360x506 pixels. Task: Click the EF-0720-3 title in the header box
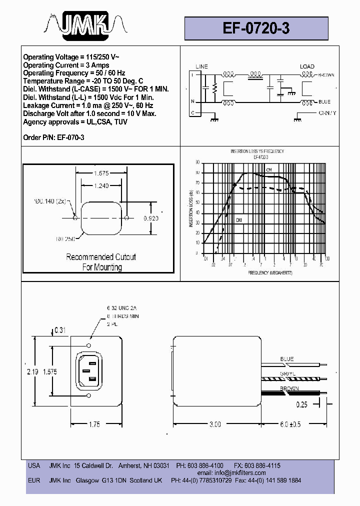(x=256, y=28)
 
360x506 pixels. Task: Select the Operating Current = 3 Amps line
(x=66, y=65)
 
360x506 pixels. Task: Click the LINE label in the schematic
(x=201, y=66)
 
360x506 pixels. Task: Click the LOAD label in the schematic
(x=307, y=66)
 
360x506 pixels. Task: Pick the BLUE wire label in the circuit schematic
(x=324, y=102)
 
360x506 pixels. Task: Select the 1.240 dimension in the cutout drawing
(x=101, y=186)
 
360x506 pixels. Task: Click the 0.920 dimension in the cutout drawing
(x=151, y=218)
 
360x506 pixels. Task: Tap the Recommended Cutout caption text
(x=101, y=257)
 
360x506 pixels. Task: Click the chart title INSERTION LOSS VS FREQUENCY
(x=257, y=151)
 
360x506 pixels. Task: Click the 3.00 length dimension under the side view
(x=214, y=424)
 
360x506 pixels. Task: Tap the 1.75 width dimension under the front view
(x=94, y=424)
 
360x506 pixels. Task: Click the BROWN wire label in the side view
(x=289, y=388)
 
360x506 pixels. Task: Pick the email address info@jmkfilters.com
(x=238, y=472)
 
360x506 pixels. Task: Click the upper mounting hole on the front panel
(x=88, y=345)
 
